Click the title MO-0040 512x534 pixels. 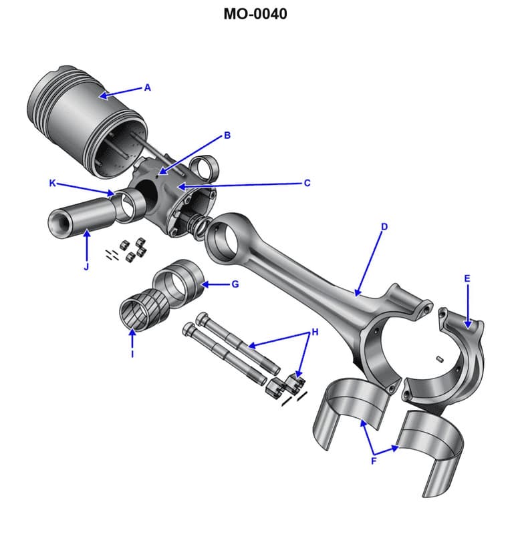pos(256,13)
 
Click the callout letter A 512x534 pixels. pos(148,87)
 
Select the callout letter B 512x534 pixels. pos(227,136)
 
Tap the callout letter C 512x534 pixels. pos(307,183)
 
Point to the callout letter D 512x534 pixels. pos(384,227)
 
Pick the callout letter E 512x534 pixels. pos(467,278)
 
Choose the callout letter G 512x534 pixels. pos(235,284)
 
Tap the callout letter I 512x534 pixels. pos(132,354)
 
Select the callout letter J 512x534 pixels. pos(86,267)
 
